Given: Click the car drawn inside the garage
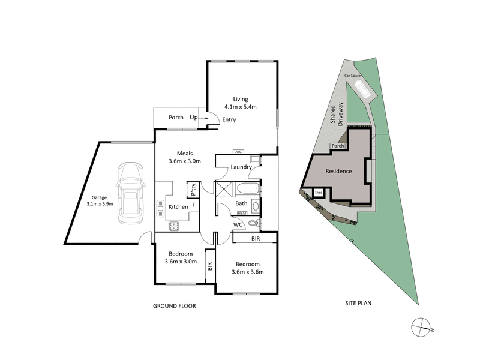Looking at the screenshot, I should [x=131, y=192].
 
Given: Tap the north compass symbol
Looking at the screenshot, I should [x=422, y=327].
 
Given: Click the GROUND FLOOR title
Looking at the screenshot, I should [x=174, y=306].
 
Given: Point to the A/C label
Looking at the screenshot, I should [x=238, y=152].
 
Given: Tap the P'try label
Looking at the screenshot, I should [x=193, y=189].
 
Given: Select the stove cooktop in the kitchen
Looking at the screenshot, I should [x=174, y=226].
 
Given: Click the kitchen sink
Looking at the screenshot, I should [x=160, y=208].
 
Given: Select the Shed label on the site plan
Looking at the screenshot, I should [x=319, y=193].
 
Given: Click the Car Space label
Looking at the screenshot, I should [x=352, y=76].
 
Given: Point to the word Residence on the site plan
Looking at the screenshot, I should [x=338, y=172].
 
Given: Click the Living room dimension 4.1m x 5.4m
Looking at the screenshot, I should [x=240, y=107].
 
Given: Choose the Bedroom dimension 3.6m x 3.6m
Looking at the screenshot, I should [x=247, y=272].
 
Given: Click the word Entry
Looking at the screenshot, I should [x=229, y=119].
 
